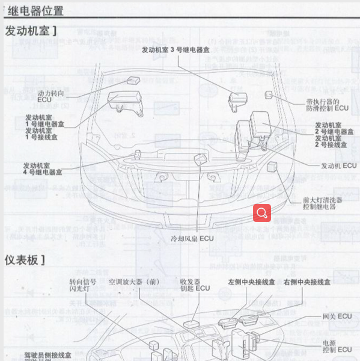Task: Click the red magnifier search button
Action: click(262, 212)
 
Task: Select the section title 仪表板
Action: click(25, 260)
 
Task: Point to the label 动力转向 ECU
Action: click(50, 97)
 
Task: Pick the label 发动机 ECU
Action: click(338, 165)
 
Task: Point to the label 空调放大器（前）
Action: click(135, 281)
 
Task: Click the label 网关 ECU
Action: click(337, 316)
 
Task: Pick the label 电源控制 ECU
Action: click(337, 345)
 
